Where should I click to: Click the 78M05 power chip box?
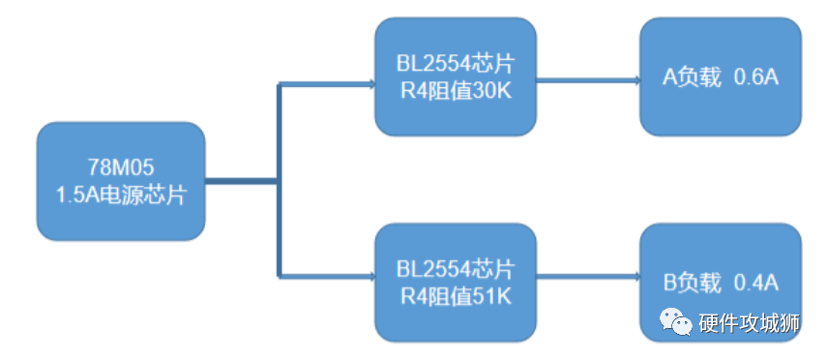click(121, 181)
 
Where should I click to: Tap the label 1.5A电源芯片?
click(121, 194)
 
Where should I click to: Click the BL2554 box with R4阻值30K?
click(456, 76)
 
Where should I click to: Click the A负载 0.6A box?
click(721, 77)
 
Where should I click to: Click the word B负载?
click(692, 283)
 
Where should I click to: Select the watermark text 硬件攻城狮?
click(749, 324)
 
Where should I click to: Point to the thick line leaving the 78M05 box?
click(242, 179)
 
